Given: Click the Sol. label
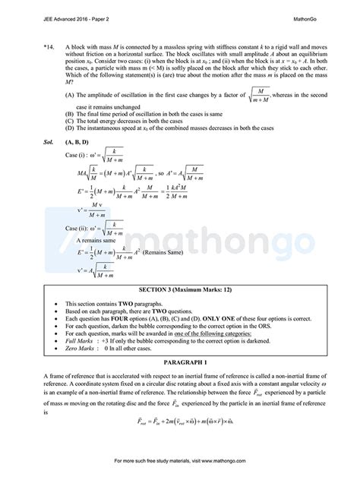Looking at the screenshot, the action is pyautogui.click(x=31, y=142).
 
